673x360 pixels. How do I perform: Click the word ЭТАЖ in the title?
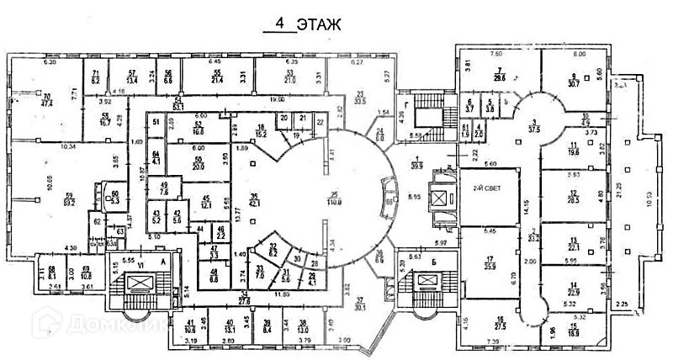(x=318, y=24)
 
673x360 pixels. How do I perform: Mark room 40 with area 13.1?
(x=229, y=326)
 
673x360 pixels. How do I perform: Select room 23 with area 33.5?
(x=360, y=96)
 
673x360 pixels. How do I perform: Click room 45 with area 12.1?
(x=207, y=203)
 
